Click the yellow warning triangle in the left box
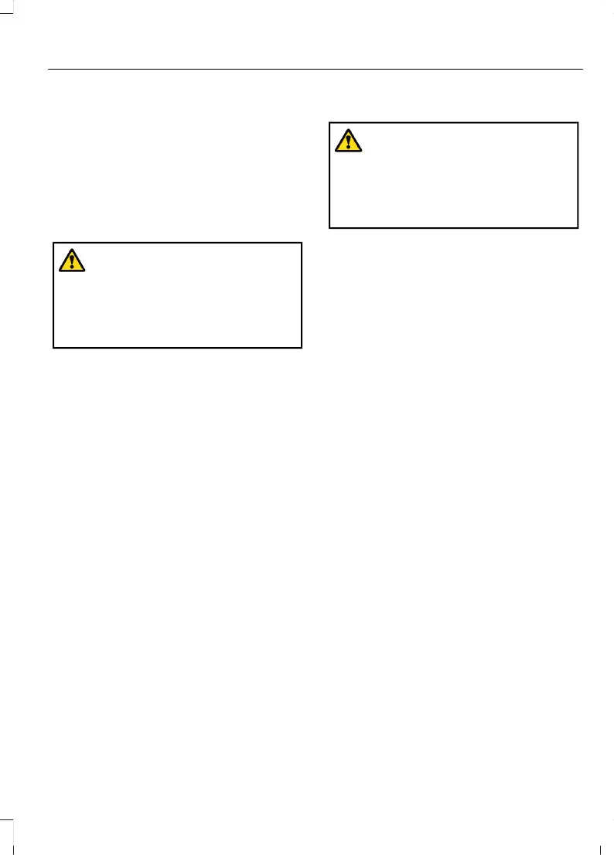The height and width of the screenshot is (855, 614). [x=71, y=261]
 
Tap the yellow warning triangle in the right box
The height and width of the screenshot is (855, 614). [x=348, y=141]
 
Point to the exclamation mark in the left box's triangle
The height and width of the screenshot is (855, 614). [x=71, y=262]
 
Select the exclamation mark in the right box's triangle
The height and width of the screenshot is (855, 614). [x=348, y=141]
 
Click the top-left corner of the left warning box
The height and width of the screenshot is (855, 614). [x=53, y=244]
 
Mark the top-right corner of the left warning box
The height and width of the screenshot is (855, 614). [x=301, y=244]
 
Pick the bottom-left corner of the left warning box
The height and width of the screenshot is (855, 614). [x=53, y=347]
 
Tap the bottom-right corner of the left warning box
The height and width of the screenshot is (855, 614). [x=301, y=347]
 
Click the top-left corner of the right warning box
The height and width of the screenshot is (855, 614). [x=329, y=122]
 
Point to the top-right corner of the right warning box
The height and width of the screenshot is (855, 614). [x=578, y=122]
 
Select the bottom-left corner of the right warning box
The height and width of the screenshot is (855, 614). [x=329, y=227]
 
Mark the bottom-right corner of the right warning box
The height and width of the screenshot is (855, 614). [x=578, y=227]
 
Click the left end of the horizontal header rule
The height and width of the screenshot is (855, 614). [x=49, y=70]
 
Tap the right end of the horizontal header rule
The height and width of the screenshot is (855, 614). [x=582, y=70]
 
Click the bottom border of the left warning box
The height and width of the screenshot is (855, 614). [x=177, y=347]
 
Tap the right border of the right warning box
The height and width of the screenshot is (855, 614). [x=578, y=175]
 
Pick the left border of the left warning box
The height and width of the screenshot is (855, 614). [x=53, y=295]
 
